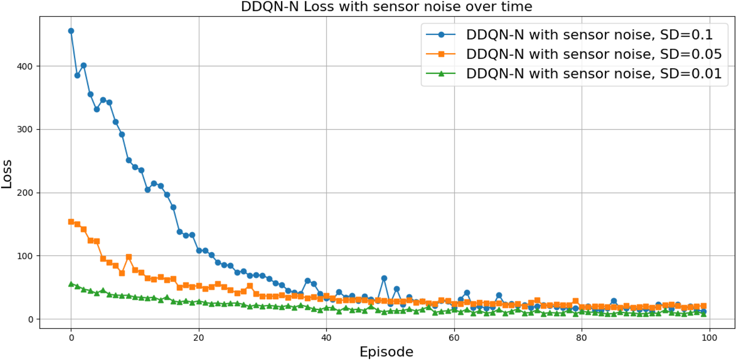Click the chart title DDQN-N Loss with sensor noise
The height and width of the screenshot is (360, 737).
click(x=386, y=7)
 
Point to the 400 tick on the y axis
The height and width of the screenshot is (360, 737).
click(x=25, y=67)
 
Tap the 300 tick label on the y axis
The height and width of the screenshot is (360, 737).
click(x=25, y=129)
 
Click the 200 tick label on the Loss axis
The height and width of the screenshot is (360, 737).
click(x=25, y=193)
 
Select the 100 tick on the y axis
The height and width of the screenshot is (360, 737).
click(x=25, y=256)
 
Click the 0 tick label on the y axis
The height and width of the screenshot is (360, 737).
click(x=31, y=319)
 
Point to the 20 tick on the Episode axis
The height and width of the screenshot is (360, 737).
click(x=199, y=338)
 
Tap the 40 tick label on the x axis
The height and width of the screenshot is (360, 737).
click(x=326, y=338)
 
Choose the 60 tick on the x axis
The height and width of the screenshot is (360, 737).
click(x=454, y=338)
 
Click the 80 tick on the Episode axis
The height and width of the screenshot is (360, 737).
click(x=582, y=338)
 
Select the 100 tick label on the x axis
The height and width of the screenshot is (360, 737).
click(x=709, y=338)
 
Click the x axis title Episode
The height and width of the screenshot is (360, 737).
click(x=386, y=352)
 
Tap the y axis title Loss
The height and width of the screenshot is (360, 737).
click(x=7, y=174)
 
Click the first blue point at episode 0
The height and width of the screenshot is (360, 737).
click(x=71, y=31)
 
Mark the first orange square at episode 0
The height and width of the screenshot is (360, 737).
click(x=71, y=222)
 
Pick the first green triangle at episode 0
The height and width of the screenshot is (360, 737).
click(x=71, y=284)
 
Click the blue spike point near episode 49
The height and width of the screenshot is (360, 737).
click(x=384, y=278)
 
